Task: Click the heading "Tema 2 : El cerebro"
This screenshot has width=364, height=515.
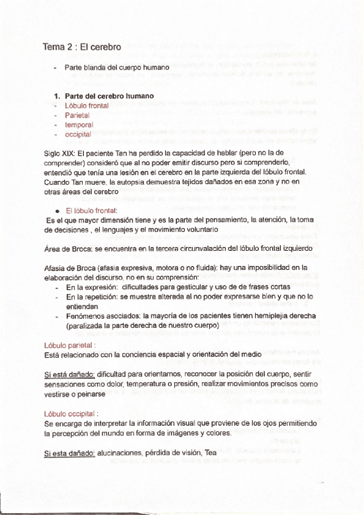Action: coord(82,47)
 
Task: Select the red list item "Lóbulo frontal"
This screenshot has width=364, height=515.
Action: coord(87,105)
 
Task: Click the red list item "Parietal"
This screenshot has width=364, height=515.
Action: coord(77,115)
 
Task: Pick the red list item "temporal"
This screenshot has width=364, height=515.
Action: coord(79,124)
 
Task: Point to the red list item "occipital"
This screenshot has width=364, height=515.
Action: coord(78,134)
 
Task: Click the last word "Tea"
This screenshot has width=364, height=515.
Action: coord(210,453)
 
